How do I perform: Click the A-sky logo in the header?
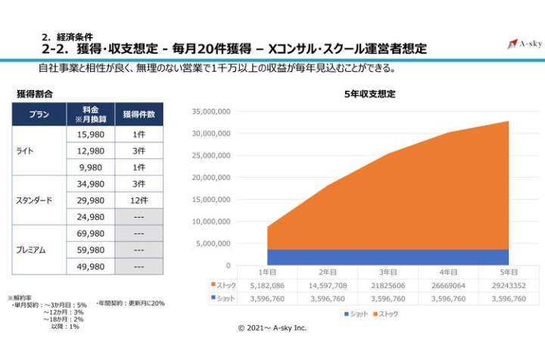[x=522, y=44]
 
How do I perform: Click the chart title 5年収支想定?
[x=369, y=95]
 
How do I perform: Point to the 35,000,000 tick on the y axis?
[x=211, y=112]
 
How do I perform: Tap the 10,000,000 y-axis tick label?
[x=211, y=222]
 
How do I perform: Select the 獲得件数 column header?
[x=139, y=114]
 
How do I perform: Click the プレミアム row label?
[x=33, y=250]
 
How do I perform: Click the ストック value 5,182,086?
[x=267, y=286]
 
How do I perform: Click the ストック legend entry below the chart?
[x=384, y=313]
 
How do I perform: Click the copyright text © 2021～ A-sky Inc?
[x=272, y=328]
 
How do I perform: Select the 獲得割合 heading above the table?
[x=35, y=95]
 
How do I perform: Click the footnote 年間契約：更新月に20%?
[x=130, y=303]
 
